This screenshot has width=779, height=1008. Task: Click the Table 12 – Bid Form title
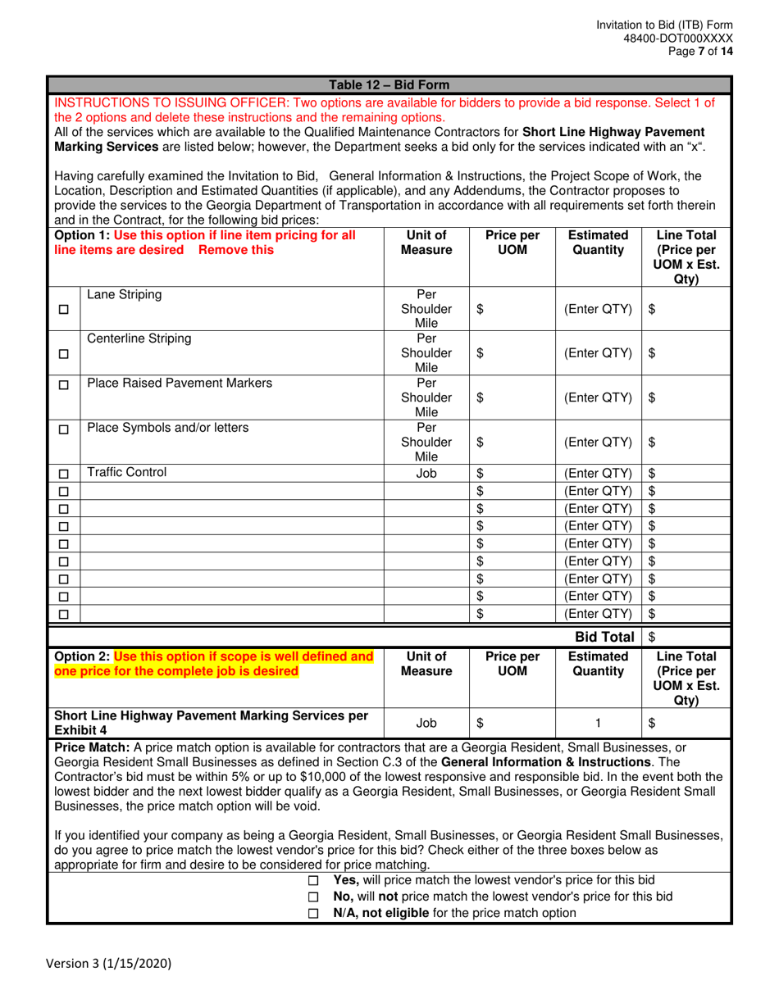click(389, 84)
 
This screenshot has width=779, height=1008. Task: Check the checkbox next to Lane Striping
click(64, 310)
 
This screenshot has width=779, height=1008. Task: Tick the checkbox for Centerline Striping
click(64, 354)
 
